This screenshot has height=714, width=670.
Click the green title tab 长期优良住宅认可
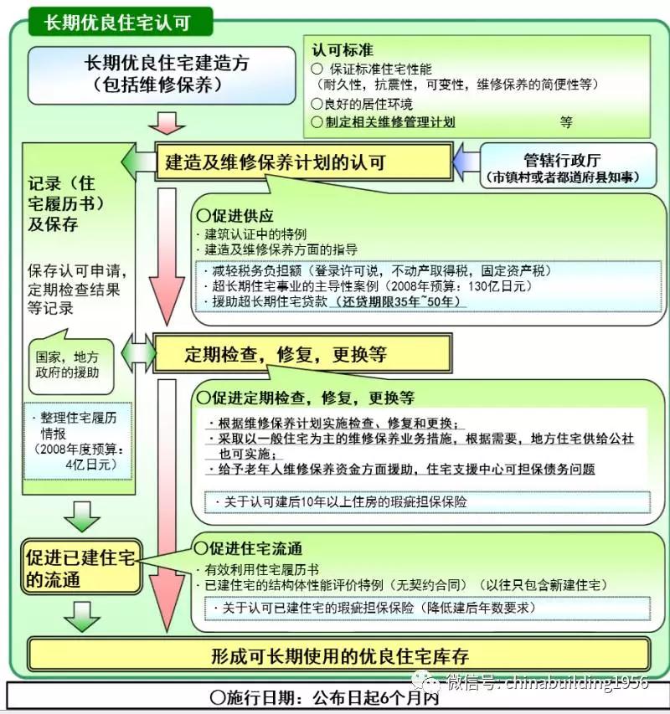point(121,22)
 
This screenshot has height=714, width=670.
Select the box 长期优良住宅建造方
point(162,75)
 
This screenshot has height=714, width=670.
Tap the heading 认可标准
point(343,49)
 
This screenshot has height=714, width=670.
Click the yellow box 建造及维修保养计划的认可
point(304,162)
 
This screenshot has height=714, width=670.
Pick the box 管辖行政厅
point(568,166)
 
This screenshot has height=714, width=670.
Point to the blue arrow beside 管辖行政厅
point(466,162)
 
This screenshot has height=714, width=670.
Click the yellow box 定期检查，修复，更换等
point(302,354)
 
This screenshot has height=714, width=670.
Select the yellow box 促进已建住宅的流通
point(81,567)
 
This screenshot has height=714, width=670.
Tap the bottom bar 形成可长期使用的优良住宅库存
point(339,655)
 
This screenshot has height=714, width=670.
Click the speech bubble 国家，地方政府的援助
point(71,364)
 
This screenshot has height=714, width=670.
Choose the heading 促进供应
point(235,215)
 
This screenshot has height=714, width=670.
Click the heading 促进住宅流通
point(248,548)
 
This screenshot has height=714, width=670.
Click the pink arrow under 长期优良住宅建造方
point(167,122)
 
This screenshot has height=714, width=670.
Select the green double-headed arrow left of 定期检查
point(138,354)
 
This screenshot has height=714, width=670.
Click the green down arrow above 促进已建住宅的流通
point(82,516)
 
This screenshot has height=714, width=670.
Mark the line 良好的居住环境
point(362,104)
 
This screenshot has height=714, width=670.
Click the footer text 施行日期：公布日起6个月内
point(324,697)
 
